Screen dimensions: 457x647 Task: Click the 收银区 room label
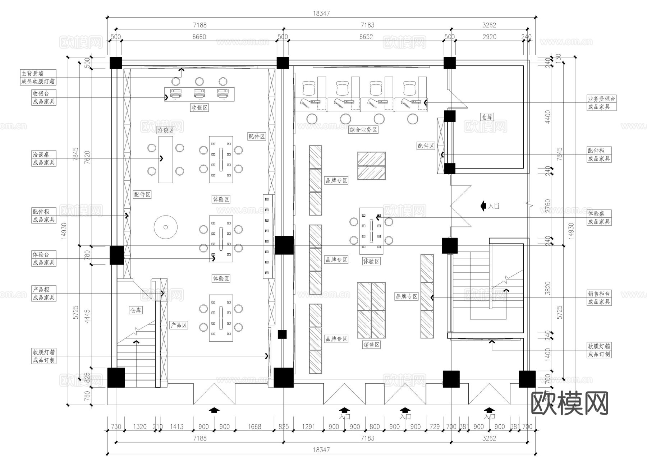(x=199, y=107)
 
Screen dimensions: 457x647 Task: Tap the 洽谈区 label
(x=165, y=130)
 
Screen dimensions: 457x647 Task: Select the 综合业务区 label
(x=363, y=130)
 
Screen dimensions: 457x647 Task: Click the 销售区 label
(x=371, y=345)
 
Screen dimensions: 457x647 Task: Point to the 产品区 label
(x=179, y=325)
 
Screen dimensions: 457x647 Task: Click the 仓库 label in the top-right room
(x=487, y=117)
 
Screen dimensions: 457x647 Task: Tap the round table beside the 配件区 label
(x=166, y=227)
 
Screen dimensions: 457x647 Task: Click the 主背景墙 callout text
(x=38, y=73)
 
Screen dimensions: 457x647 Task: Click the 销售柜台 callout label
(x=598, y=294)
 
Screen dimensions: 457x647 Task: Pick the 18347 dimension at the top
(x=321, y=13)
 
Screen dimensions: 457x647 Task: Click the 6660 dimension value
(x=199, y=37)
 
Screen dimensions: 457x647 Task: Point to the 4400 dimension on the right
(x=548, y=116)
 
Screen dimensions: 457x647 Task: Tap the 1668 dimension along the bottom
(x=254, y=426)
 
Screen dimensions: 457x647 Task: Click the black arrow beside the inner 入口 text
(x=483, y=206)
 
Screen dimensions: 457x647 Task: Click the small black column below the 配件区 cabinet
(x=282, y=334)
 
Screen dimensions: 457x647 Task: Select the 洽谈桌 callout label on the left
(x=41, y=154)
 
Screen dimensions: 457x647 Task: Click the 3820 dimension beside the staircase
(x=548, y=288)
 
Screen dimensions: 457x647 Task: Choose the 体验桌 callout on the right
(x=596, y=213)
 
